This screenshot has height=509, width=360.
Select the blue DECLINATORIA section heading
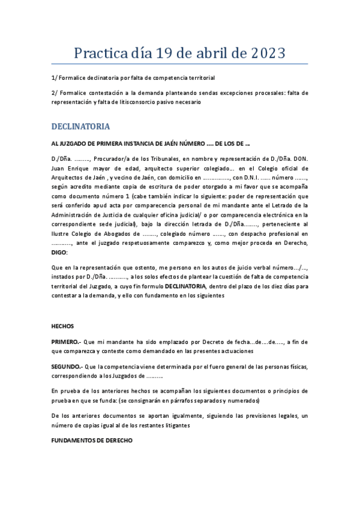tap(80, 127)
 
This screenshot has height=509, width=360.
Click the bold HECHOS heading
tap(62, 326)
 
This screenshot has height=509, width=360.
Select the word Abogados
tap(118, 233)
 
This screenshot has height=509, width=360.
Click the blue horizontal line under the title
tap(180, 64)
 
